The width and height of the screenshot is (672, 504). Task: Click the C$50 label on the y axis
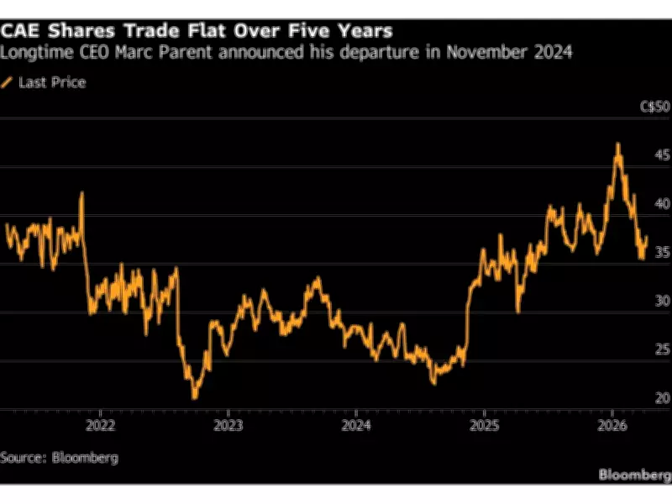click(655, 107)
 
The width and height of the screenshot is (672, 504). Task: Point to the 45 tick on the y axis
click(660, 155)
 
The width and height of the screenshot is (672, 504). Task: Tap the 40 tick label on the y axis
click(660, 203)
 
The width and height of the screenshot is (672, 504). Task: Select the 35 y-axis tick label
click(660, 252)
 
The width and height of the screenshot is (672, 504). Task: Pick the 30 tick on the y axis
click(660, 301)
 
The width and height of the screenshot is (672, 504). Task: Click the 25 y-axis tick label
click(660, 349)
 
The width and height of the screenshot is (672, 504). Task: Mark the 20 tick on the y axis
click(660, 397)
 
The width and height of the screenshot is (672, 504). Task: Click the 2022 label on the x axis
click(100, 425)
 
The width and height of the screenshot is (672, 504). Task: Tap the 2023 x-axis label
click(228, 425)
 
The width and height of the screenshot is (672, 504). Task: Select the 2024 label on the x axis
click(355, 425)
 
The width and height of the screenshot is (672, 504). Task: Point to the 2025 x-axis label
click(484, 425)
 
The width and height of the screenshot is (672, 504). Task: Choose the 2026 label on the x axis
click(612, 425)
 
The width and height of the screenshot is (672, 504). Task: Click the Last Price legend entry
click(51, 82)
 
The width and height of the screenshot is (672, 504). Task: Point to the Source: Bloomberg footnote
click(59, 458)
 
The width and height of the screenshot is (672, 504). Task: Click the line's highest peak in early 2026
click(618, 144)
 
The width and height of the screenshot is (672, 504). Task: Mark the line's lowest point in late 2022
click(195, 397)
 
